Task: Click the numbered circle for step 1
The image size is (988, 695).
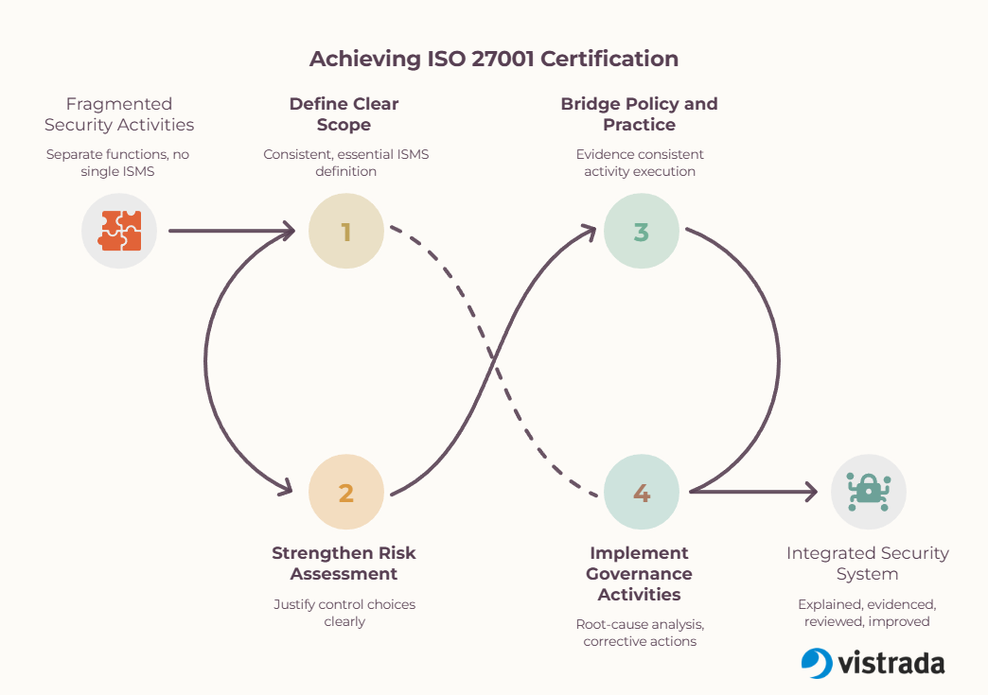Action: coord(346,231)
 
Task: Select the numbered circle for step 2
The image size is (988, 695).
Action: coord(346,492)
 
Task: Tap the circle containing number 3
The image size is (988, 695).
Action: coord(642,231)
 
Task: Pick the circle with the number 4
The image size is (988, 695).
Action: coord(642,492)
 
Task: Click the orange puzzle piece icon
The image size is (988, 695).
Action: coord(119,231)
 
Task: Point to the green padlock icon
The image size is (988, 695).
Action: coord(868,492)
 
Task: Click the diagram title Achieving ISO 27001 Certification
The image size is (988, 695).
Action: coord(494,59)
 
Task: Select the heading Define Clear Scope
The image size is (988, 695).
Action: coord(344,114)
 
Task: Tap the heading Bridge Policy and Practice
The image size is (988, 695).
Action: coord(639,114)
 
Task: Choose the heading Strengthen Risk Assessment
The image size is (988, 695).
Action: coord(344,564)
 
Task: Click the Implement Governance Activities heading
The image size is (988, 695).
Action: coord(639,574)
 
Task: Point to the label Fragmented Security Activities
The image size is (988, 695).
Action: coord(119,114)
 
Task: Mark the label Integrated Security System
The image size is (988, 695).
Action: coord(868,564)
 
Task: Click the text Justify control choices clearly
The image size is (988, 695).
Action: coord(344,613)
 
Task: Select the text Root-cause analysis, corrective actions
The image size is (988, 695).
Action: coord(640,633)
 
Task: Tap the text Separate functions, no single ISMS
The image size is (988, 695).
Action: coord(118,163)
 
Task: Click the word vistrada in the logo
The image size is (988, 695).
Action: coord(891,663)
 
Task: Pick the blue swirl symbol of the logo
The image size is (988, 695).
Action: coord(817,663)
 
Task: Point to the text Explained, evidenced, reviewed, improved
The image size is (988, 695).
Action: coord(867,613)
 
